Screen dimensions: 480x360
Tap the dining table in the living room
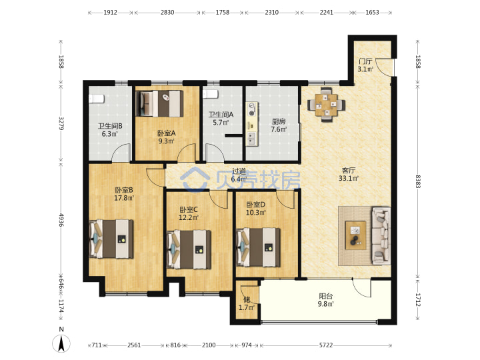pos(326,105)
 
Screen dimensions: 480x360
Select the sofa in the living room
pos(381,235)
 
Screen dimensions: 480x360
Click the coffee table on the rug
pos(355,235)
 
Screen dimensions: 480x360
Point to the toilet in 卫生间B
pos(97,99)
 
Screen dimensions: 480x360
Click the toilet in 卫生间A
pos(211,94)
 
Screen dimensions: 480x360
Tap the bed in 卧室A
pos(159,103)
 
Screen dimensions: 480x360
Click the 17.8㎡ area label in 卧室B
pos(124,198)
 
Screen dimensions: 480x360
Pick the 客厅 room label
pos(349,170)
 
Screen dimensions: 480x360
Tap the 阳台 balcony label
pos(326,296)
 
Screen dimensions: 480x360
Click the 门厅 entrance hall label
pos(365,61)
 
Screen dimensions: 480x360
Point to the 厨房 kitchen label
pos(279,121)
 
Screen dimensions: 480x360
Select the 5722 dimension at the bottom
pos(326,345)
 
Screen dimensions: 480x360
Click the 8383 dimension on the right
pos(418,181)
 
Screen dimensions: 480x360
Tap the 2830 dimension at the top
pos(167,13)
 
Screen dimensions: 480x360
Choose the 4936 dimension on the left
pos(61,220)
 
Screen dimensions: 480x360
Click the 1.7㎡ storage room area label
pos(247,307)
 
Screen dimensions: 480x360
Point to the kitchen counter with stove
pos(251,124)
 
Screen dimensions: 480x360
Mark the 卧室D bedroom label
pos(256,205)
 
